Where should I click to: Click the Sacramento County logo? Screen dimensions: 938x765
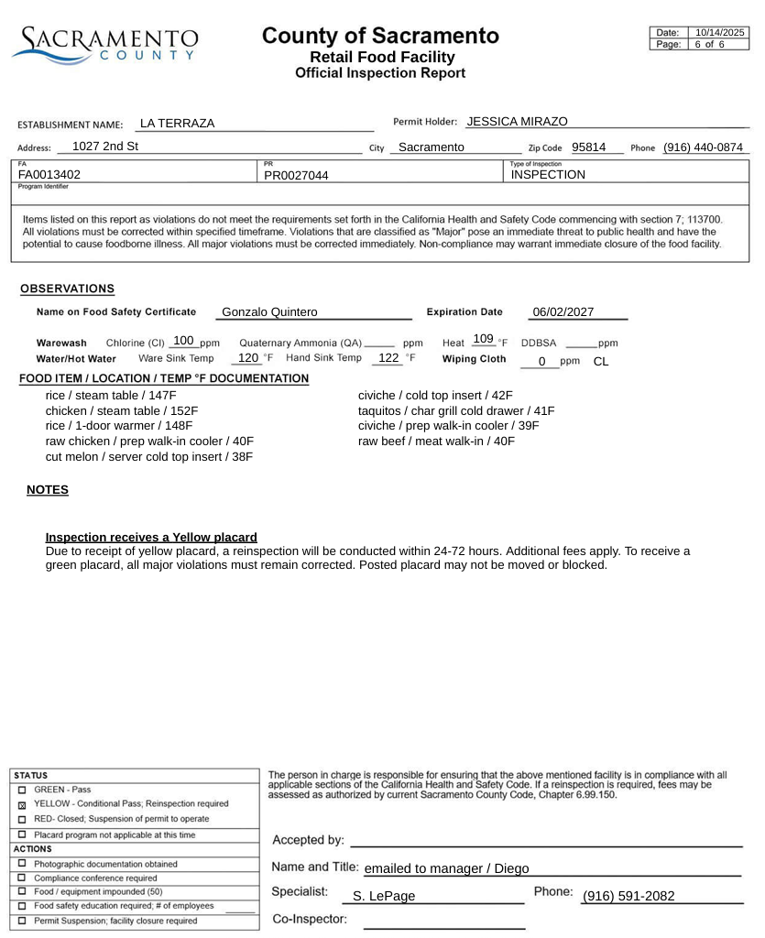(104, 43)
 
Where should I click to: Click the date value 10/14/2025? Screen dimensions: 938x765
(720, 33)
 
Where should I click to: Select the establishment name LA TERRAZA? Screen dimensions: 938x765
(177, 124)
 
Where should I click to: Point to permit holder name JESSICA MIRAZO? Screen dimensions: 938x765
(517, 122)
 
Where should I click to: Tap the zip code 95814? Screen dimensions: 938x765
(588, 147)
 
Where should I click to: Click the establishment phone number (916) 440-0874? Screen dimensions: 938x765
(703, 147)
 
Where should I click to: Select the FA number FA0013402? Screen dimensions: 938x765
(49, 175)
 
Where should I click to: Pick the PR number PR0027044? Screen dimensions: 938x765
(296, 175)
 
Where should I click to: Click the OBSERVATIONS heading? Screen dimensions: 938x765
(68, 289)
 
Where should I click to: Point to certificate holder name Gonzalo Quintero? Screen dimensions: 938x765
(269, 312)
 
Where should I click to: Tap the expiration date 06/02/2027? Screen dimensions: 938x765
(563, 312)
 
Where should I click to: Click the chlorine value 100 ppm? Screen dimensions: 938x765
(183, 341)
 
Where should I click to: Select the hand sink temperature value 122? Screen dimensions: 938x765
(388, 358)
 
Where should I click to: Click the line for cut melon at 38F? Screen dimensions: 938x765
(148, 456)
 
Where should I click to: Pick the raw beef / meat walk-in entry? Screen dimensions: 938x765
(436, 442)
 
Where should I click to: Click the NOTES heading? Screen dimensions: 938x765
(48, 490)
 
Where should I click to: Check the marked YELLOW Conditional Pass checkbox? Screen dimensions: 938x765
(21, 804)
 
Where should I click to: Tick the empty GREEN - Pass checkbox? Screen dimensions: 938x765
(21, 790)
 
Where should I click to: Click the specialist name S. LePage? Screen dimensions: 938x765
(384, 896)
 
